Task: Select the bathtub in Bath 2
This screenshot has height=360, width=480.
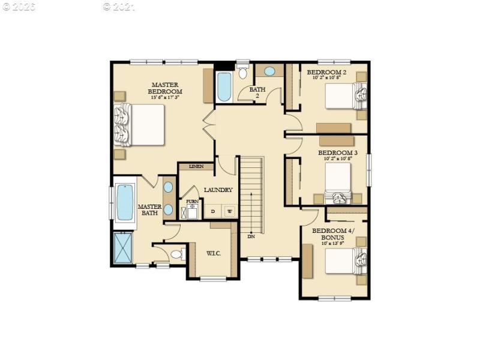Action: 224,87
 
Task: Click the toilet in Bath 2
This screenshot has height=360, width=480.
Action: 243,73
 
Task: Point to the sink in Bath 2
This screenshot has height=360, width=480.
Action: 270,71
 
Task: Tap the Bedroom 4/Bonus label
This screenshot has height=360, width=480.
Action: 333,234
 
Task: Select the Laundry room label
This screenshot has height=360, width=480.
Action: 218,190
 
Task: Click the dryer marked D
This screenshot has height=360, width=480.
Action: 212,211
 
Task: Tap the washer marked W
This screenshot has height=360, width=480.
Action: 229,211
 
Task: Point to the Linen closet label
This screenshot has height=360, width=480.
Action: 196,166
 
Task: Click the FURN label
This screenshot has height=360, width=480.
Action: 192,202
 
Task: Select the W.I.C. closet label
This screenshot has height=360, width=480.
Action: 214,253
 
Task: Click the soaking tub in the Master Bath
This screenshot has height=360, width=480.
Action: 125,202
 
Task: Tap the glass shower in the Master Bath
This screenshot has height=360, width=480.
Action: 123,247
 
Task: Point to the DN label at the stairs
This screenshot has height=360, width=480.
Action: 251,236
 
